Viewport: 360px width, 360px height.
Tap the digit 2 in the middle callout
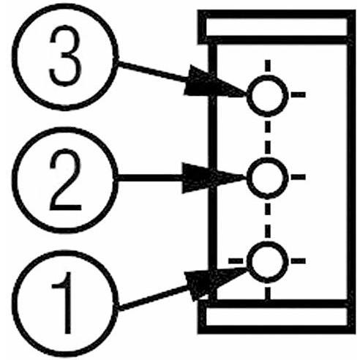tap(65, 180)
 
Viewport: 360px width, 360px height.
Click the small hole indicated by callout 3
tap(268, 96)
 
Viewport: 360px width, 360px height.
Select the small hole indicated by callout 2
tap(268, 178)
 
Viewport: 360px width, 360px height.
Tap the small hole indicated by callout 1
tap(268, 262)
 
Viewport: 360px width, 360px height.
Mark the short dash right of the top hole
tap(299, 94)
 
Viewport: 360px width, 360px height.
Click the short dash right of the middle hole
tap(299, 177)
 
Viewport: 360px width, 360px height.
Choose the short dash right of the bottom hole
tap(299, 261)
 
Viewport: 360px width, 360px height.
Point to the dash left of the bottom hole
tap(236, 261)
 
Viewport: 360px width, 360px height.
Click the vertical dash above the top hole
tap(268, 66)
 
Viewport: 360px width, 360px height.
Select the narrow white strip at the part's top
tap(277, 27)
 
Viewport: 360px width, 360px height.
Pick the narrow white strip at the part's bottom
tap(277, 316)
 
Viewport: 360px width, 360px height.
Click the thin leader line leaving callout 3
tap(151, 71)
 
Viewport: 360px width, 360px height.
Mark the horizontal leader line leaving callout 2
tap(150, 178)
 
